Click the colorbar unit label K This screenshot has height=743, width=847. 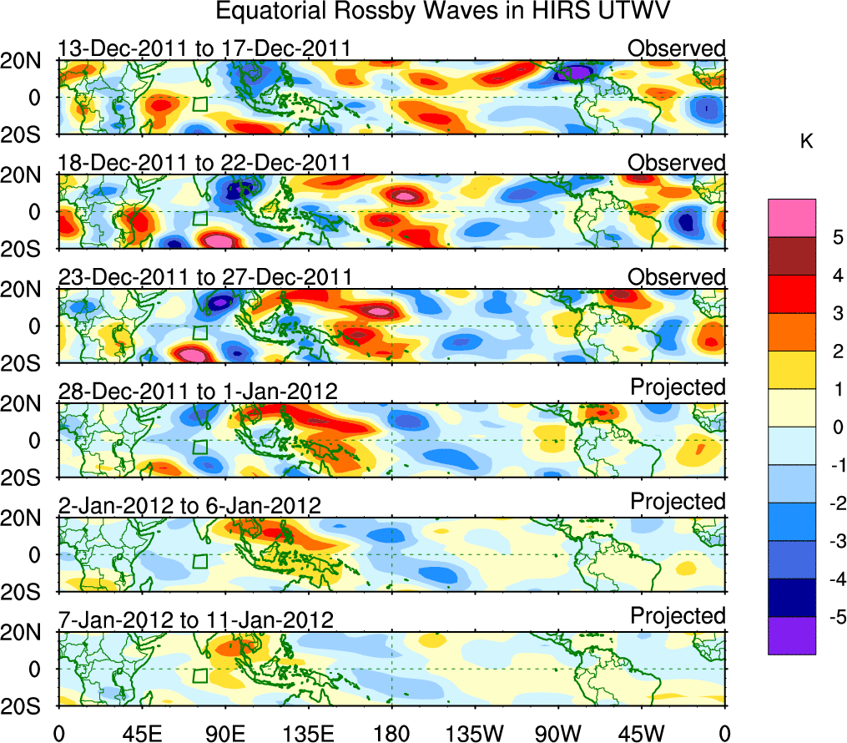[x=806, y=143]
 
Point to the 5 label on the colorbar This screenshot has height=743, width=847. [x=834, y=237]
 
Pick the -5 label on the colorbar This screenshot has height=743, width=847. [x=831, y=618]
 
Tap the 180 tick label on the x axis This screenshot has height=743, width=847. [x=391, y=732]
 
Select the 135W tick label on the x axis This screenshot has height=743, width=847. [x=475, y=732]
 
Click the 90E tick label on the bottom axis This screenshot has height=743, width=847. [x=224, y=732]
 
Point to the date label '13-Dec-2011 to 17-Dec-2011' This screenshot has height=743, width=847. [x=204, y=48]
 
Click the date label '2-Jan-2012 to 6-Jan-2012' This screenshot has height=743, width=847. [x=189, y=505]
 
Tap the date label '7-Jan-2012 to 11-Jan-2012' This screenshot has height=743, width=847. [x=196, y=619]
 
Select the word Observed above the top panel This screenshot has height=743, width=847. [x=677, y=48]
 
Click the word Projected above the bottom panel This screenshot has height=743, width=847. [x=678, y=616]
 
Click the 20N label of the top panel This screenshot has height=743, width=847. [x=28, y=60]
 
